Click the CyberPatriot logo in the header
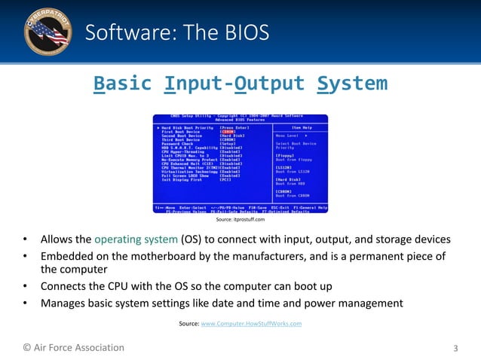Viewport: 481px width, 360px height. click(47, 32)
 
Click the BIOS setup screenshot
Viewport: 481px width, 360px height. click(240, 163)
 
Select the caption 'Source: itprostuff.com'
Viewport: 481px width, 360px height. click(240, 219)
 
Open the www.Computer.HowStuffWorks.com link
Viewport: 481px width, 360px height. click(251, 323)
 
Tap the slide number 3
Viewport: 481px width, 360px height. click(455, 348)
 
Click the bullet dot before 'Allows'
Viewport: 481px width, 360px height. click(25, 240)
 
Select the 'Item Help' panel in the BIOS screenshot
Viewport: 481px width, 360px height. click(301, 163)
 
